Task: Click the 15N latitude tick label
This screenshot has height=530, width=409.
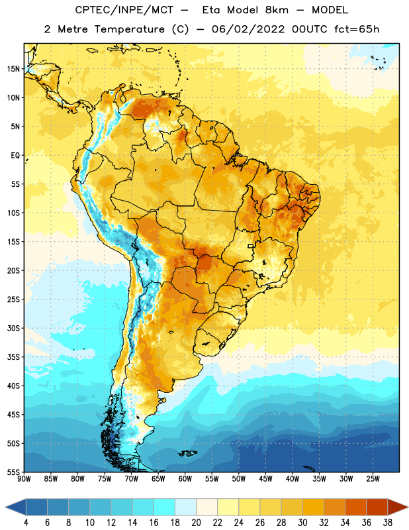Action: [13, 69]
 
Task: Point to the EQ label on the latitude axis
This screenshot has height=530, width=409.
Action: [15, 156]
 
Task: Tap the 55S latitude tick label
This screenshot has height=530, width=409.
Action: [13, 472]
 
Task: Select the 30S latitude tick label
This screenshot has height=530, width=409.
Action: [13, 328]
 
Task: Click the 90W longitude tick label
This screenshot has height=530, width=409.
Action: [24, 479]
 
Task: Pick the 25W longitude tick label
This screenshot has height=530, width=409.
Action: [373, 479]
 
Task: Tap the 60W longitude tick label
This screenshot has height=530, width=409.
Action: [185, 479]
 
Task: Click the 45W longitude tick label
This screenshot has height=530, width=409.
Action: [265, 479]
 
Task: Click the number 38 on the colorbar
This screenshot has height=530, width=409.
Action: [387, 523]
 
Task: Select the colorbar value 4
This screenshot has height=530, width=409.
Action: [26, 523]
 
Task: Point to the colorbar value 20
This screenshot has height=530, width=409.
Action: [196, 523]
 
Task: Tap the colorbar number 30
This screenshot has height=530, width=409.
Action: [302, 523]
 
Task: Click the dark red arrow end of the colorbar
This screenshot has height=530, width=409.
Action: [397, 507]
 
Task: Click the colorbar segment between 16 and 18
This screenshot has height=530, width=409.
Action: [165, 507]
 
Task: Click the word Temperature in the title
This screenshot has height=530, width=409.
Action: [129, 29]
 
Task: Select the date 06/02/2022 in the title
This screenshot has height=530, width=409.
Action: [248, 29]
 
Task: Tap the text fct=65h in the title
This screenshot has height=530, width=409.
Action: [357, 29]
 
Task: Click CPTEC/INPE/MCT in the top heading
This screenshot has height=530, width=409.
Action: [124, 10]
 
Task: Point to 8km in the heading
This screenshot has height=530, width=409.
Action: [277, 10]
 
